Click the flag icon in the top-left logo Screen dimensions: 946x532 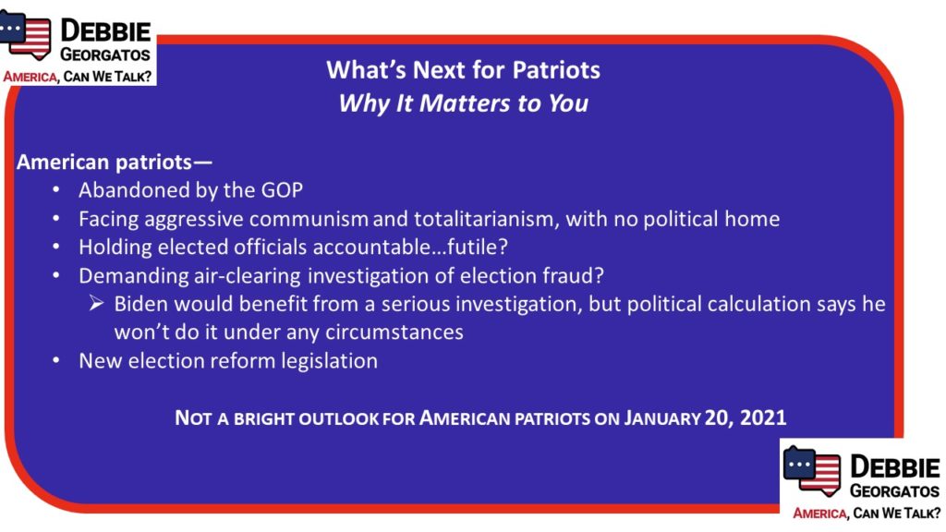[x=25, y=35]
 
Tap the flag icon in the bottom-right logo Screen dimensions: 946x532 [x=811, y=471]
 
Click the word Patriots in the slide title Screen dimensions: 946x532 [x=556, y=70]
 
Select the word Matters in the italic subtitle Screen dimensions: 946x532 [x=466, y=103]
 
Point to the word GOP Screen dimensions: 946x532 [x=282, y=190]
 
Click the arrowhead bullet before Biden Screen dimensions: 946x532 [x=96, y=303]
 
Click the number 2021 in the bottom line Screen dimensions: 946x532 [x=763, y=417]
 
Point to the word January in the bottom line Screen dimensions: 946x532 [x=661, y=418]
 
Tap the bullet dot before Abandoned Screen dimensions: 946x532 [x=56, y=190]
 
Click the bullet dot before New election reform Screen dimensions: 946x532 [x=56, y=361]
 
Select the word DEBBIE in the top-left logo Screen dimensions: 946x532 [x=105, y=30]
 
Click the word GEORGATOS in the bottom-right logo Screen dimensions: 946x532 [x=894, y=491]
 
